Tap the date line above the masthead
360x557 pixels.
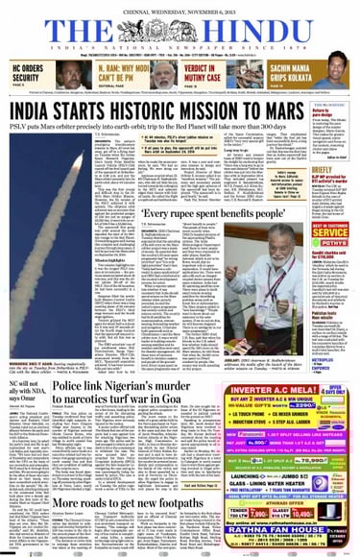tap(180, 6)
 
